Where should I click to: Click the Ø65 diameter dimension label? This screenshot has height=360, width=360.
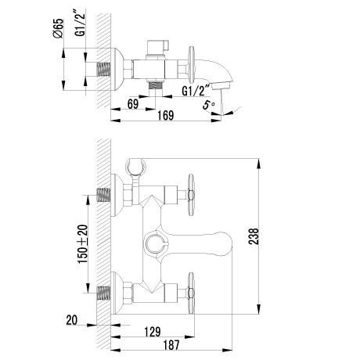coord(59,28)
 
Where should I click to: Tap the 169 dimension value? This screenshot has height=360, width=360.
coord(166,115)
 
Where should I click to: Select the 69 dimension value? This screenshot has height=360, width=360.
coord(133,104)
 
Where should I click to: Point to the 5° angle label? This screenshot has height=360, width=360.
coord(208,105)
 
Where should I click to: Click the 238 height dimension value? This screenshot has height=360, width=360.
coord(254,236)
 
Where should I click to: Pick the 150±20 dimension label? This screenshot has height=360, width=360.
coord(83,243)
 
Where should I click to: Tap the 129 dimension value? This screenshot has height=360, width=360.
coord(153,332)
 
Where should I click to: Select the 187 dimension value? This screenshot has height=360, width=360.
coord(171,345)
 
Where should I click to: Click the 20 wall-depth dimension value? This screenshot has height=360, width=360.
coord(72,320)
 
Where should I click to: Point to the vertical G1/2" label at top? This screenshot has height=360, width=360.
coord(81,23)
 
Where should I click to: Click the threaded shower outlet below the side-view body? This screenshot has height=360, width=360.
coord(156,85)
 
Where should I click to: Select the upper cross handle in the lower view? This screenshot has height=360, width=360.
coord(191,195)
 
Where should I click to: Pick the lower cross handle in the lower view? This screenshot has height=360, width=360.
coord(191,293)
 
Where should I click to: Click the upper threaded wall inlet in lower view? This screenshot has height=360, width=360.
coord(104,195)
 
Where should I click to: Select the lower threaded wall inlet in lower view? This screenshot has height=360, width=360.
coord(104,293)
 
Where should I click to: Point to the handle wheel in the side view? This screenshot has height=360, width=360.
coord(192,65)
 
